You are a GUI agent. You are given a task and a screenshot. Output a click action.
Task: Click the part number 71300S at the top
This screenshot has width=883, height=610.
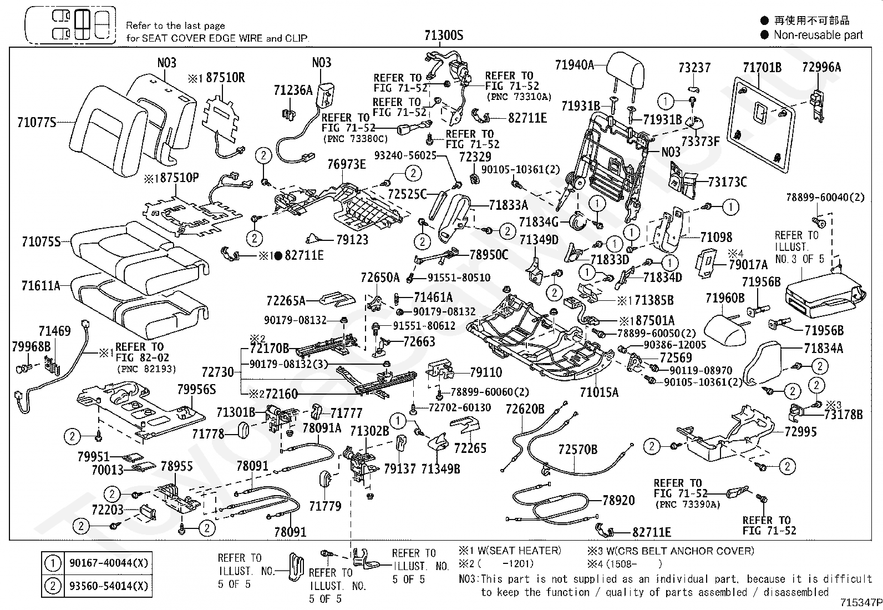tap(443, 36)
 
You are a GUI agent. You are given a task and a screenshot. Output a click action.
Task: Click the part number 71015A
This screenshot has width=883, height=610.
tap(598, 392)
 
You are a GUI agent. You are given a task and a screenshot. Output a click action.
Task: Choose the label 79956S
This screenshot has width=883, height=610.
tap(196, 390)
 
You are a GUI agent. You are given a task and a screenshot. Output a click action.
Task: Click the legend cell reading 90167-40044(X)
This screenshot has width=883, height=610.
tap(109, 563)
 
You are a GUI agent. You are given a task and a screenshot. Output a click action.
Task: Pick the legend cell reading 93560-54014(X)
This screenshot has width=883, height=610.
tap(109, 586)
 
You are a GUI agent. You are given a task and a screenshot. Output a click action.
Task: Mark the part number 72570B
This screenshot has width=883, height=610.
tap(577, 449)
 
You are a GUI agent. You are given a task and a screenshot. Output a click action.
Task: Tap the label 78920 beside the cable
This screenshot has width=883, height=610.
tap(618, 500)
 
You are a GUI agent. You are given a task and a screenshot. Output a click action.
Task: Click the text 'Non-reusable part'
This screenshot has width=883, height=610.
tap(818, 35)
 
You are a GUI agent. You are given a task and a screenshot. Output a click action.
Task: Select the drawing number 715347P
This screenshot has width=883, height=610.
tap(860, 602)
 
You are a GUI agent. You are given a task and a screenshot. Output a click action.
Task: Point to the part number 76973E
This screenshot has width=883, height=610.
tap(347, 164)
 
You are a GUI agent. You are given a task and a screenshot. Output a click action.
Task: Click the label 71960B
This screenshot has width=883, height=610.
tap(725, 299)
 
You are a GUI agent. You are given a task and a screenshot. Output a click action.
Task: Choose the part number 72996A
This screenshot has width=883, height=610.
tap(821, 67)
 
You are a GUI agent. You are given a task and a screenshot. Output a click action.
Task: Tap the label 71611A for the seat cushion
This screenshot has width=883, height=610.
tap(40, 286)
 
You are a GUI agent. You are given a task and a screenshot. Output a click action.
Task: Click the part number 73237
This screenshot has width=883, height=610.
tap(694, 68)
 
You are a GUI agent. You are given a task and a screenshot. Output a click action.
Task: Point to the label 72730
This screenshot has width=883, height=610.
tap(217, 372)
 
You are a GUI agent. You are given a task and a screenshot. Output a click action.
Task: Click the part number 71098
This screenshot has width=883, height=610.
tap(716, 238)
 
